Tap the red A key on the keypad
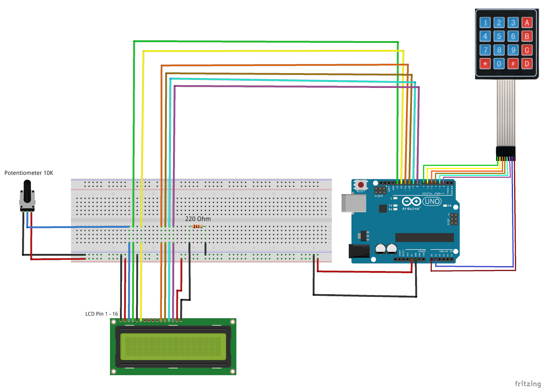[527, 23]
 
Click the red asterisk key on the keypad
[485, 64]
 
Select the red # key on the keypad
[513, 64]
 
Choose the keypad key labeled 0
[499, 64]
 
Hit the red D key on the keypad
[527, 64]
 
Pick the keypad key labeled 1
[485, 23]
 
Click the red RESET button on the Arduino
[361, 185]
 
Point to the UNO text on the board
[432, 202]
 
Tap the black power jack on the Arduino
[359, 251]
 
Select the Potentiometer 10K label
[29, 173]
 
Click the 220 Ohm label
[198, 219]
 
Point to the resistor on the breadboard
[198, 226]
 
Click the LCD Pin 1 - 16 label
[102, 314]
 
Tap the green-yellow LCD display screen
[173, 347]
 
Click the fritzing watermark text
[528, 383]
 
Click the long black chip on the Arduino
[425, 237]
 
